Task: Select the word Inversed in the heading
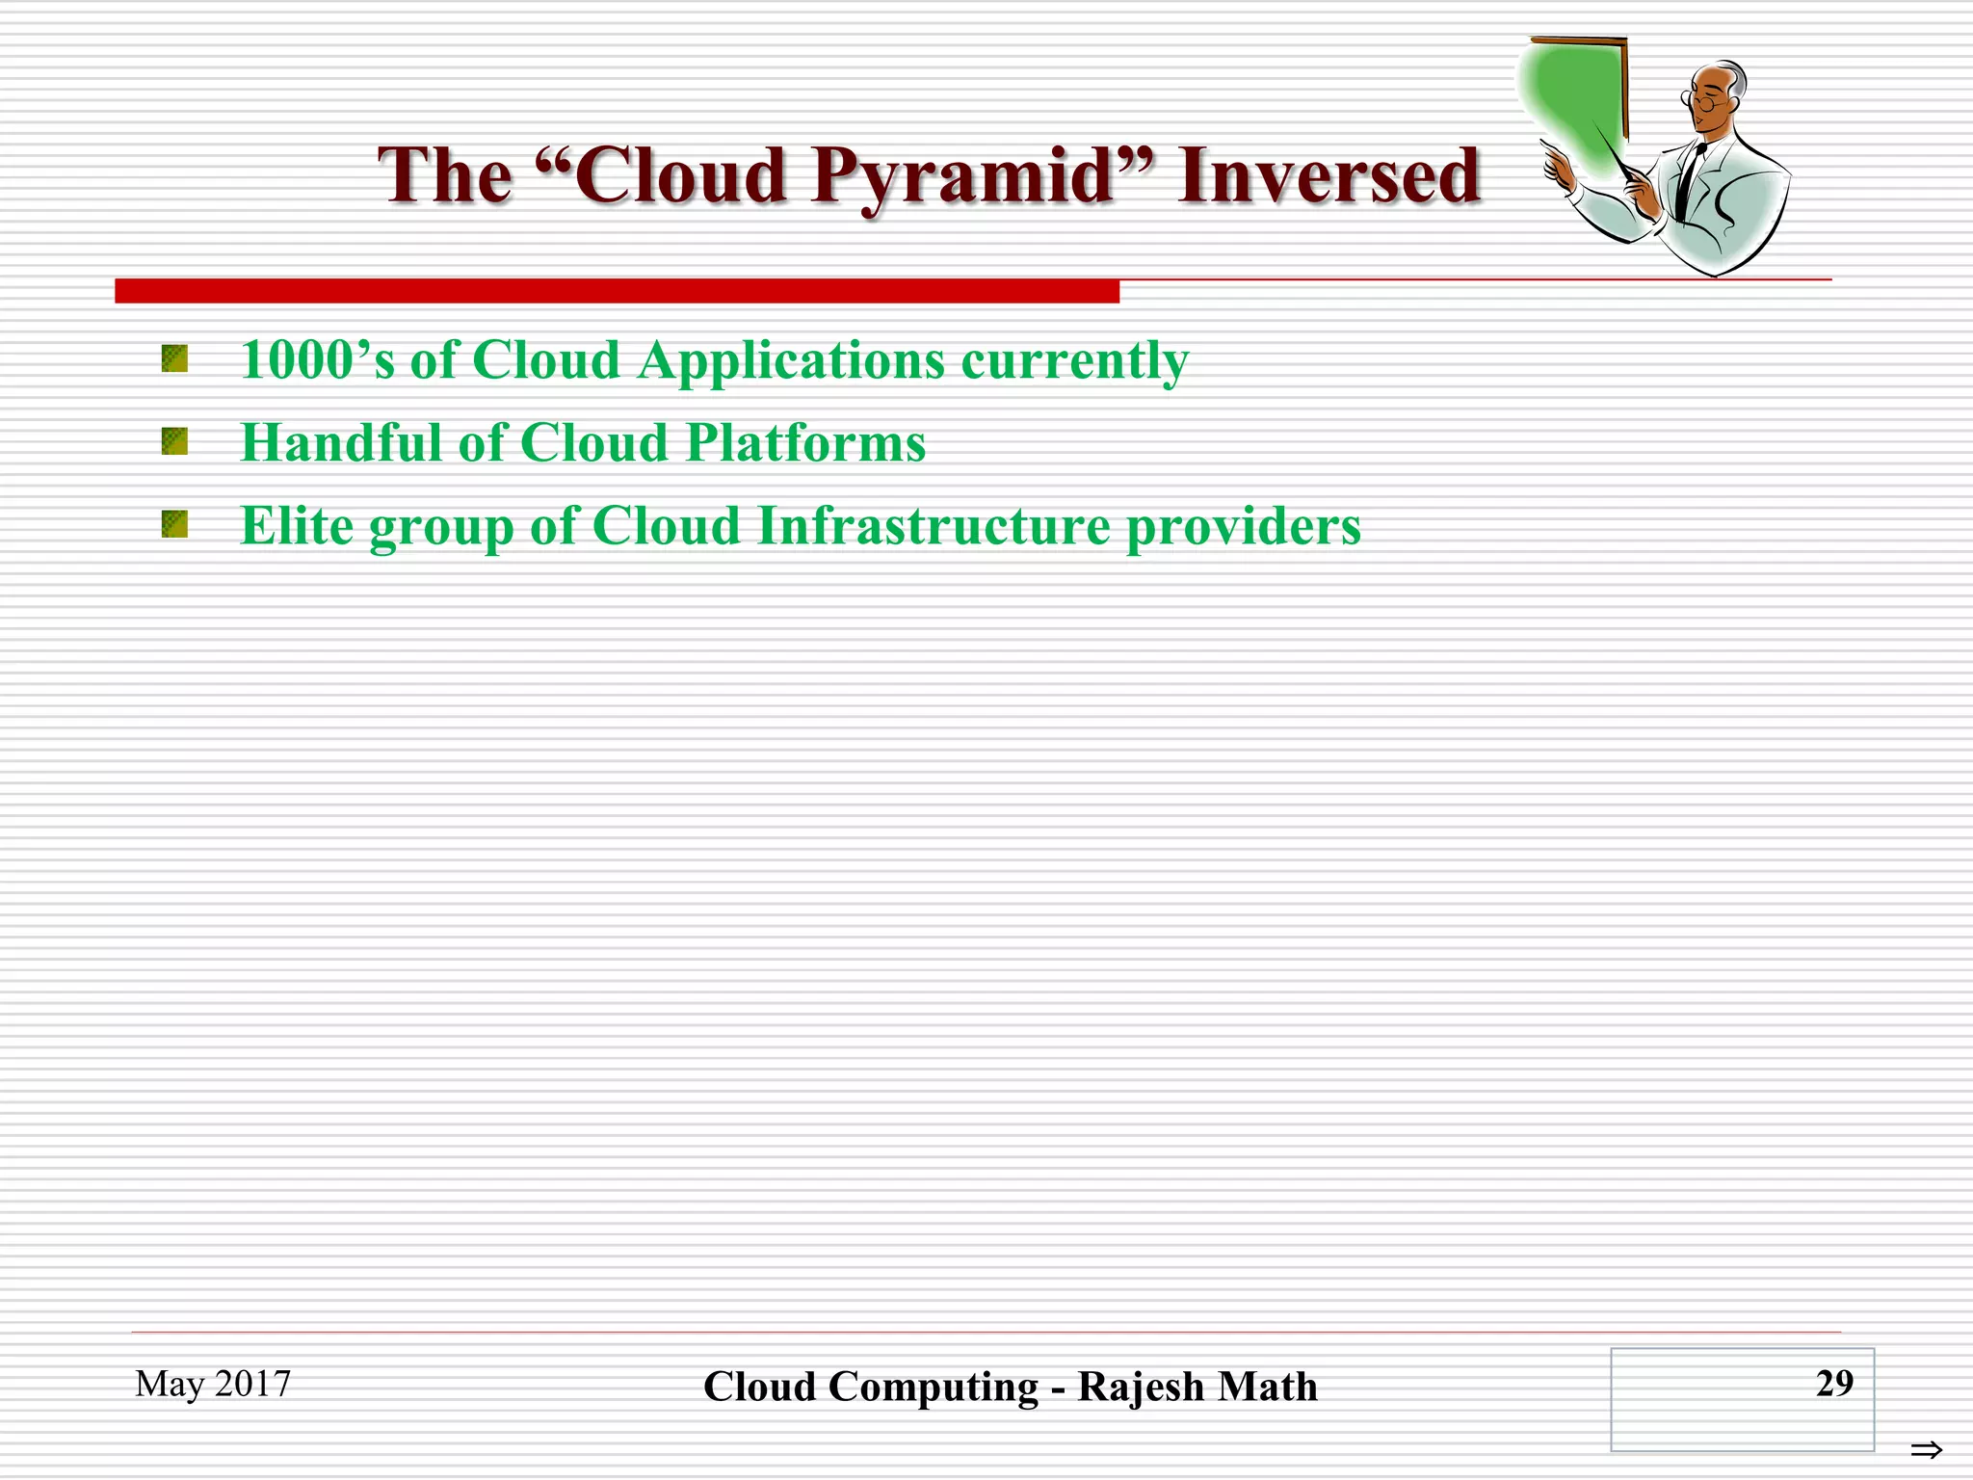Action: pyautogui.click(x=1328, y=176)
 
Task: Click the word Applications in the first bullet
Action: pyautogui.click(x=791, y=362)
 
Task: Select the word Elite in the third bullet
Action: pyautogui.click(x=297, y=526)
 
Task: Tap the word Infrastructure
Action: pyautogui.click(x=934, y=526)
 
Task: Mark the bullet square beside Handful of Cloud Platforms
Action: pyautogui.click(x=174, y=442)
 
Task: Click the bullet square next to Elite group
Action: pyautogui.click(x=174, y=525)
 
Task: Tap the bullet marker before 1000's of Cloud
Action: pyautogui.click(x=174, y=359)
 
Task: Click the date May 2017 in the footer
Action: pyautogui.click(x=213, y=1384)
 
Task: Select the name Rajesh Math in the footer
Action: pyautogui.click(x=1197, y=1387)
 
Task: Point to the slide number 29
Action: pyautogui.click(x=1833, y=1384)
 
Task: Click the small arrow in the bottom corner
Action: pyautogui.click(x=1926, y=1449)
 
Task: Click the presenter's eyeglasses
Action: pyautogui.click(x=1702, y=99)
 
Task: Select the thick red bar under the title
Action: pyautogui.click(x=617, y=291)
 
